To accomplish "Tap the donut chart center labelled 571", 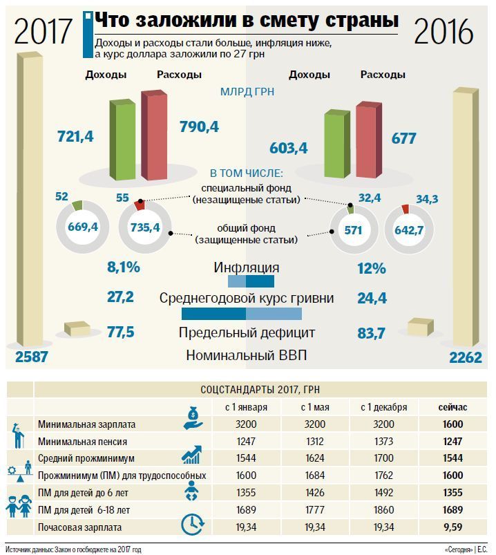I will tap(353, 230).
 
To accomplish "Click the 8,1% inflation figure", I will tap(124, 267).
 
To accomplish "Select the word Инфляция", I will tap(247, 267).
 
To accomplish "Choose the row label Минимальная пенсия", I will tap(82, 441).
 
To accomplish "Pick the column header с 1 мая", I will tap(314, 406).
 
